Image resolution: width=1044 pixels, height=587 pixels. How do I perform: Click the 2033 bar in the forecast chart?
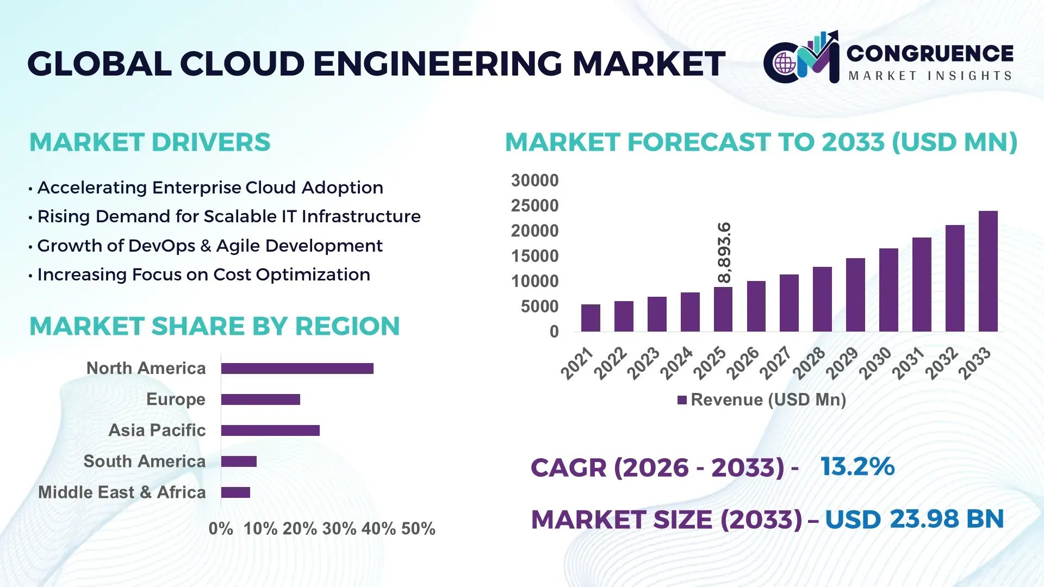tap(988, 271)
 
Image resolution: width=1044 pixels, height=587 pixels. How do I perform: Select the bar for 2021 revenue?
tap(591, 318)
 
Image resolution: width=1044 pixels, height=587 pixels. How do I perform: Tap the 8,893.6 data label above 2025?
tap(724, 253)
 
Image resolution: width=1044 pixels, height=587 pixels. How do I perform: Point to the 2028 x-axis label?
tap(809, 363)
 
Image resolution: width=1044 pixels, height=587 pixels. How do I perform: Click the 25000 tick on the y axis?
tap(535, 206)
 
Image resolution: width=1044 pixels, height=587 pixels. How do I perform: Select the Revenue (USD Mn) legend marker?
tap(682, 400)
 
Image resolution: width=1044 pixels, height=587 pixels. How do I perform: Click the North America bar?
tap(297, 369)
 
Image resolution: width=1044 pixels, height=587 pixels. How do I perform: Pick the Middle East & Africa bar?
tap(235, 492)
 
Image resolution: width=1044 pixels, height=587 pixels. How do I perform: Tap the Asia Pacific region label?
tap(157, 430)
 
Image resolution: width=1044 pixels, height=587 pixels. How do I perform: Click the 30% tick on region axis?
tap(339, 529)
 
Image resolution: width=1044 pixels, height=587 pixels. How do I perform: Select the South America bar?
tap(239, 461)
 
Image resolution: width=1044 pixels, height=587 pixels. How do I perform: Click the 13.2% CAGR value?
tap(857, 467)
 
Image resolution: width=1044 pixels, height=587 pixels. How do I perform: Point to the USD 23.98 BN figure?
tap(914, 519)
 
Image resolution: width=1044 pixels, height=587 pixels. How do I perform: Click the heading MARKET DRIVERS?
tap(150, 142)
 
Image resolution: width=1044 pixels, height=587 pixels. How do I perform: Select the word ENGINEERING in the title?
tap(438, 64)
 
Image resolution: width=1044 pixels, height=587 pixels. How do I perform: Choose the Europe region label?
tap(176, 399)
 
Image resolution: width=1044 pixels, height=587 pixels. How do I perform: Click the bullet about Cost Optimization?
tap(203, 275)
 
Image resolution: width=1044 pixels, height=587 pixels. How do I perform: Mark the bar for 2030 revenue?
tap(888, 290)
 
